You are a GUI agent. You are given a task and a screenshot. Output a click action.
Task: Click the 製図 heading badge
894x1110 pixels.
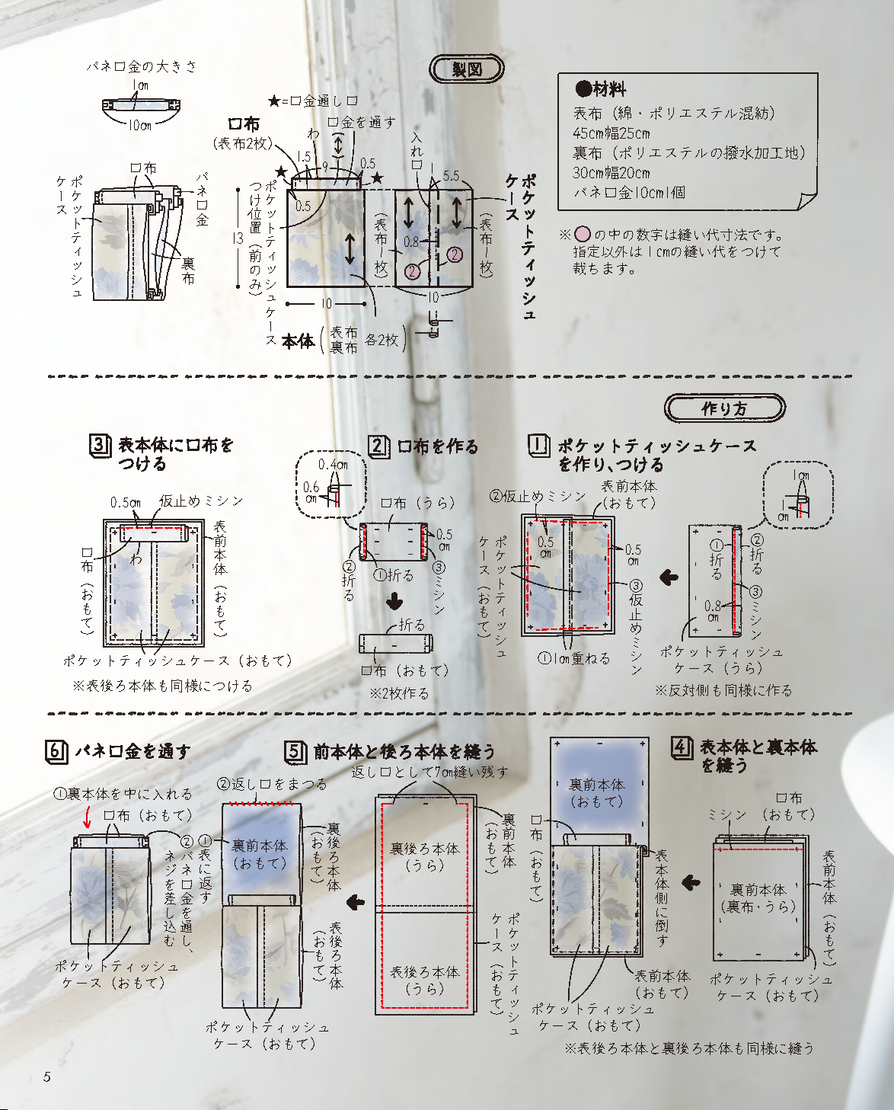tap(467, 69)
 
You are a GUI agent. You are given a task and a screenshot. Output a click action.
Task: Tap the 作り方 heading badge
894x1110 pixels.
tap(724, 408)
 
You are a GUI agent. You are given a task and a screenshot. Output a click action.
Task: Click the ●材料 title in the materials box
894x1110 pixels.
tap(602, 89)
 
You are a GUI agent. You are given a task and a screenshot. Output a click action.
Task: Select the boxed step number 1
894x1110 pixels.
tap(538, 445)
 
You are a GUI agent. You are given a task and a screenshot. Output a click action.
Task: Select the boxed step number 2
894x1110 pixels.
tap(378, 446)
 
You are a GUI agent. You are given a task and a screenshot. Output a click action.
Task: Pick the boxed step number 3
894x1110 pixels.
tap(100, 445)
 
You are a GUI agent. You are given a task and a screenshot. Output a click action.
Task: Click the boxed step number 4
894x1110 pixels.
tap(682, 747)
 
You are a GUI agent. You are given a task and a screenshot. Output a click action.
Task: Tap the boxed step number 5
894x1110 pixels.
tap(295, 752)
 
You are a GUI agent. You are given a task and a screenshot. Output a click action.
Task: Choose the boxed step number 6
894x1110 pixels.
tap(56, 751)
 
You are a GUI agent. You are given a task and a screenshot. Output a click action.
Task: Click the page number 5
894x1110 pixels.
tap(47, 1076)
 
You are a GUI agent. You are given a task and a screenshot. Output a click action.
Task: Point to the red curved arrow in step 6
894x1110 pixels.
tap(87, 818)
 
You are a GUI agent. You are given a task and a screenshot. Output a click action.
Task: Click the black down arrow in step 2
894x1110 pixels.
tap(394, 602)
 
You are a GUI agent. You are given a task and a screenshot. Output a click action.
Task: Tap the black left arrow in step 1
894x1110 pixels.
tap(669, 577)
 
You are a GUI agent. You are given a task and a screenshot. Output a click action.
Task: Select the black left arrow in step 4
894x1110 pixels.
tap(691, 883)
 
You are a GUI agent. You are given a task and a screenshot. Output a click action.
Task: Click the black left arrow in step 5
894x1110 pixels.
tap(356, 903)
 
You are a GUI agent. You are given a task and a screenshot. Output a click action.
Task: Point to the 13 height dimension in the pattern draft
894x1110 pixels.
tap(238, 238)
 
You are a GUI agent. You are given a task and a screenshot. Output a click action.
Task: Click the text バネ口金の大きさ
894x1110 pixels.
tap(142, 66)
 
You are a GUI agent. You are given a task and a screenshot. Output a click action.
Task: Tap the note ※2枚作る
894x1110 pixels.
tap(399, 693)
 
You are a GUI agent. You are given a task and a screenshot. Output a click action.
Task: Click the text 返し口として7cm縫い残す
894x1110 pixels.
tap(430, 772)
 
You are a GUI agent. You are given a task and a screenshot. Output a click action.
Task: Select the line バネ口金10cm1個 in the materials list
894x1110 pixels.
tap(629, 193)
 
